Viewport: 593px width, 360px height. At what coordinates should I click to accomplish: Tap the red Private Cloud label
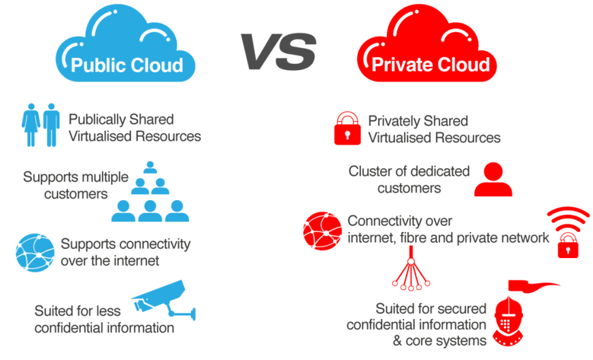430,65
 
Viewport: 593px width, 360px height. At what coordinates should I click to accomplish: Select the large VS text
278,51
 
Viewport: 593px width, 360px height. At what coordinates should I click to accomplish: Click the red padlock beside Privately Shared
347,129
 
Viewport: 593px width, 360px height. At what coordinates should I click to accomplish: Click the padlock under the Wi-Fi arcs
568,246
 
